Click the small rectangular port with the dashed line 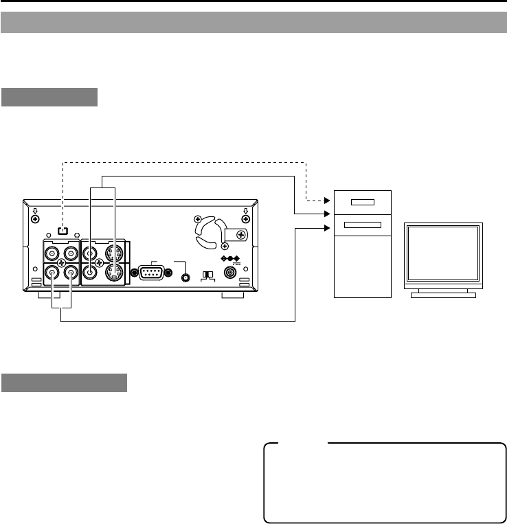[x=63, y=231]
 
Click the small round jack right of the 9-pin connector [x=184, y=278]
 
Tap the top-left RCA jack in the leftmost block [x=52, y=252]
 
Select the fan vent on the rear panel [x=208, y=231]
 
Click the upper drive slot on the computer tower [x=362, y=202]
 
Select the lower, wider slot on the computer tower [x=362, y=225]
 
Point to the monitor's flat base [x=443, y=295]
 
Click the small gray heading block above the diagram [x=49, y=97]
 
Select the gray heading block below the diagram [x=64, y=383]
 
